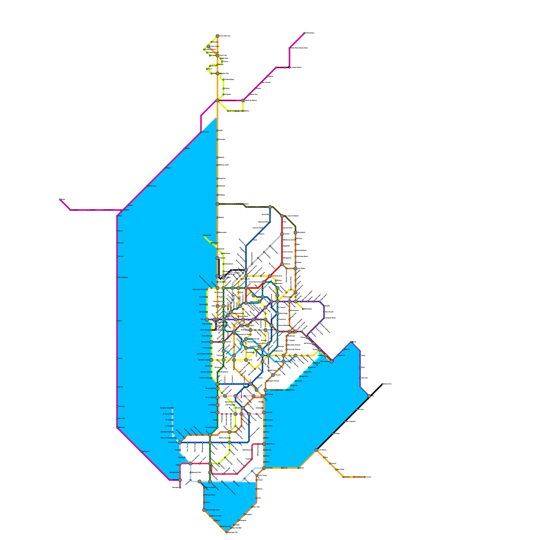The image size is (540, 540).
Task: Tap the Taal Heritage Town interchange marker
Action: point(204,510)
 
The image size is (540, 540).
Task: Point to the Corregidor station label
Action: point(146,451)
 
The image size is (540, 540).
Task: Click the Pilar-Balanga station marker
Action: point(117,277)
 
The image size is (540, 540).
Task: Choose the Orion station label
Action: point(120,321)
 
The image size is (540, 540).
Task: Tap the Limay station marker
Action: point(117,358)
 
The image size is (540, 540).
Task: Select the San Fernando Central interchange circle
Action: point(218,101)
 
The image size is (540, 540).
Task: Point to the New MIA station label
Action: point(208,236)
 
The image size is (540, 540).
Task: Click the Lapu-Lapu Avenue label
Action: point(199,289)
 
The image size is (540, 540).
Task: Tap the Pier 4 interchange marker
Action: point(207,319)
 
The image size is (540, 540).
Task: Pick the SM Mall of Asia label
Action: point(204,360)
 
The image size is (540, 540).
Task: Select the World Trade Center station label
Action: point(204,354)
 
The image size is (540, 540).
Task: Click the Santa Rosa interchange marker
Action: point(264,444)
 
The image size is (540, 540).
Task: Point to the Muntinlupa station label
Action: point(269,420)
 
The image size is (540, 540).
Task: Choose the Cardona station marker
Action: point(337,355)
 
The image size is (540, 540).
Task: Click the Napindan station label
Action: point(304,376)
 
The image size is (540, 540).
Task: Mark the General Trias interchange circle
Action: point(180,442)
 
